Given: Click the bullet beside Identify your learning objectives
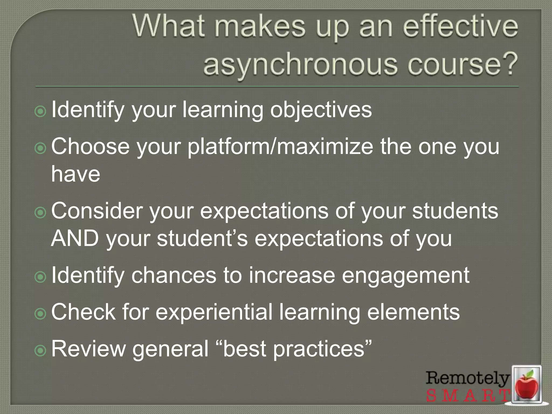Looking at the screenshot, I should [x=40, y=111].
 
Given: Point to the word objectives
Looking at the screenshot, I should [x=321, y=110].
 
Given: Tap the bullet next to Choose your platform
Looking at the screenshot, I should [x=40, y=148].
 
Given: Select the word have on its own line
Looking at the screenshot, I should [x=76, y=174].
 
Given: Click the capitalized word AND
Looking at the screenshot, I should [x=75, y=238].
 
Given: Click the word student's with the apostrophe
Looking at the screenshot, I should [x=202, y=238].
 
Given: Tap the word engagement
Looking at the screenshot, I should [x=406, y=275].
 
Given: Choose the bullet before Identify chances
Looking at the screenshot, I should [x=40, y=277].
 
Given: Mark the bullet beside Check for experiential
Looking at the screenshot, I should [x=40, y=313].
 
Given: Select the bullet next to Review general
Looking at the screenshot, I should [x=40, y=350].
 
